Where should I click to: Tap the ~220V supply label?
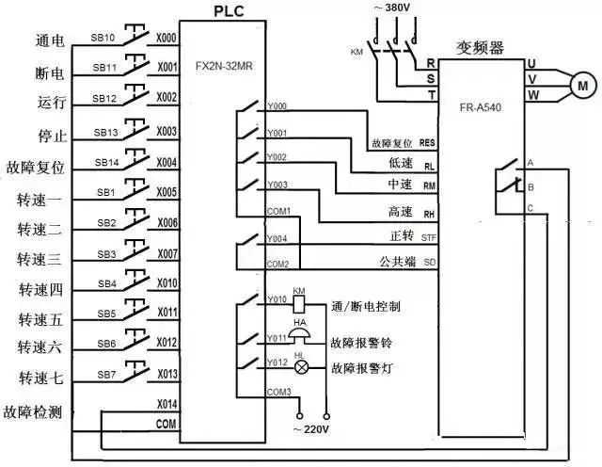pyautogui.click(x=312, y=429)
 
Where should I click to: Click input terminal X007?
pyautogui.click(x=166, y=254)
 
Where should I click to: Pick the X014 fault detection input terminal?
pyautogui.click(x=166, y=403)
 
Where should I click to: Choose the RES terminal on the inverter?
pyautogui.click(x=427, y=143)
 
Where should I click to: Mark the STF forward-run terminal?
pyautogui.click(x=428, y=236)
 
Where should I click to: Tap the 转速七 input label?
pyautogui.click(x=40, y=378)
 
